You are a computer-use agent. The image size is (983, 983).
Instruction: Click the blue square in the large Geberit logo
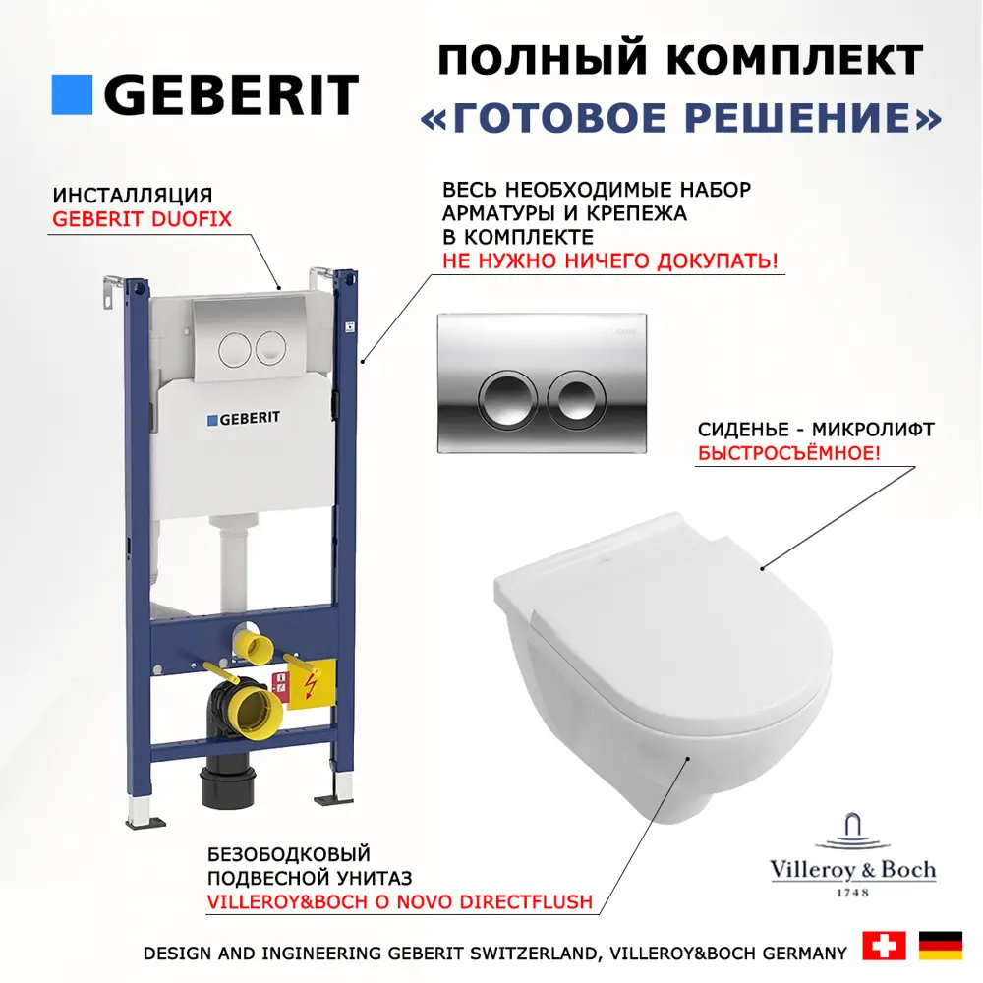pos(72,94)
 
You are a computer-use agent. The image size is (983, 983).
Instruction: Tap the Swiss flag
pos(884,946)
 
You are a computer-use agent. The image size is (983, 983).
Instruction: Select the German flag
pos(941,946)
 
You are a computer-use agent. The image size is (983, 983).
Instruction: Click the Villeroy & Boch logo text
pos(852,870)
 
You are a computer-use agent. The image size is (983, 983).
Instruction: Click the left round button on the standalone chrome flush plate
pos(507,400)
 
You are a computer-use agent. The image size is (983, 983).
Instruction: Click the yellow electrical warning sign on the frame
pos(311,684)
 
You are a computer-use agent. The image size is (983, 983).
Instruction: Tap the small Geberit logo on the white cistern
pos(243,418)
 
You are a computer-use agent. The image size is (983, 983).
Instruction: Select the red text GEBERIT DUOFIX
pos(142,219)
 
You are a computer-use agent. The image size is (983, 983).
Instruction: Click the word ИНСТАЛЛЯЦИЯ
pos(133,195)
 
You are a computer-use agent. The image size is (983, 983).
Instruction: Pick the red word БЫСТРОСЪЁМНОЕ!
pos(788,452)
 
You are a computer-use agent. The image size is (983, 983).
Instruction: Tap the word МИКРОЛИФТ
pos(873,430)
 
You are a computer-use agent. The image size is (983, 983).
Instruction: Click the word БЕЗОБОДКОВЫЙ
pos(288,854)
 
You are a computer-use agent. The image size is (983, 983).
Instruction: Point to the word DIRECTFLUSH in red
pos(526,902)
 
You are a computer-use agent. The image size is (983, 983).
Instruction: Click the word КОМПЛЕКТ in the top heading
pos(793,60)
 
